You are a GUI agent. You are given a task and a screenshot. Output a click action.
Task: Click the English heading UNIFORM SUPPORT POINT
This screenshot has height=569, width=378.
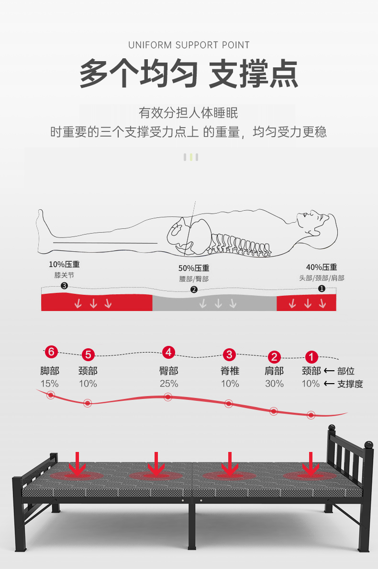click(189, 45)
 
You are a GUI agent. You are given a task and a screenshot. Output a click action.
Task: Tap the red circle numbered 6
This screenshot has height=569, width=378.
click(51, 353)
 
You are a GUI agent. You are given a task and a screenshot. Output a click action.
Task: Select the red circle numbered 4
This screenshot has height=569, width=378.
click(168, 353)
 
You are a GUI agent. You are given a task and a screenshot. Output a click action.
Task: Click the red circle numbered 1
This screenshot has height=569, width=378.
click(311, 357)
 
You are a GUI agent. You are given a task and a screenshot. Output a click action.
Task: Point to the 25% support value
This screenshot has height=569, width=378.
click(168, 384)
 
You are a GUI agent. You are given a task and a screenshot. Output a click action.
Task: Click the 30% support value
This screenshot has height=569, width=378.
click(274, 384)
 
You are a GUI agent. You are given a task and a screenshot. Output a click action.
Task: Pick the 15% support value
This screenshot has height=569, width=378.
click(49, 384)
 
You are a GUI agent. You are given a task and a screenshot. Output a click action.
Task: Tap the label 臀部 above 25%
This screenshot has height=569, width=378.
click(168, 371)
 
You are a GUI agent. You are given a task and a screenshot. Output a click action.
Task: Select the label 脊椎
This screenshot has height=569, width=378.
click(230, 371)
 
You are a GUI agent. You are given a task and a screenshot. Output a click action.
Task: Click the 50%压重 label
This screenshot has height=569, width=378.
click(194, 268)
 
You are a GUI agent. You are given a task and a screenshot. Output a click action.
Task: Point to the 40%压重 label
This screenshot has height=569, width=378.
click(322, 267)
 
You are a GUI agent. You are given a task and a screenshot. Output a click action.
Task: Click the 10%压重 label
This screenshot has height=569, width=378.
click(64, 264)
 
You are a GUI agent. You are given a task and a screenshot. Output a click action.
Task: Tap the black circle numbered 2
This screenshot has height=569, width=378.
click(194, 290)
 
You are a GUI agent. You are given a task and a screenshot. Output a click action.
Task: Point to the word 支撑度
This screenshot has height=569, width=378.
click(350, 384)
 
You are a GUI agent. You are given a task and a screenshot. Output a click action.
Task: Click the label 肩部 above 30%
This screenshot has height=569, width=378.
click(274, 371)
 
